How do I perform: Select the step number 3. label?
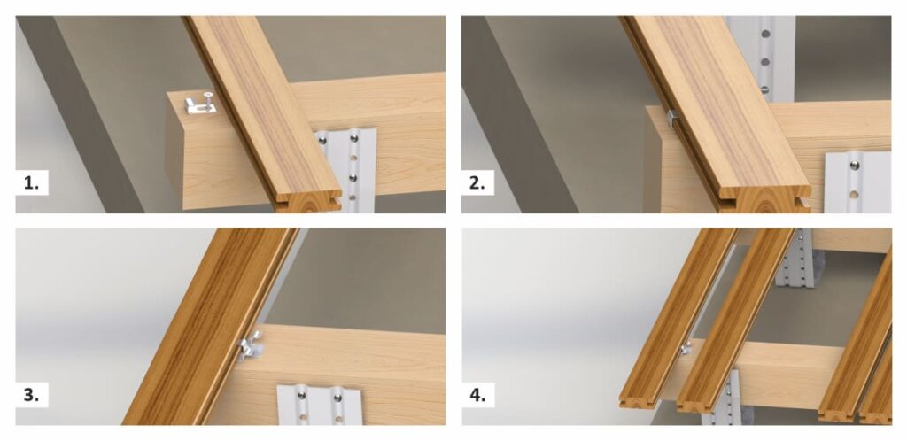31,395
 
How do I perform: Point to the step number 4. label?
477,395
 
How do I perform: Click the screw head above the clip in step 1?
206,94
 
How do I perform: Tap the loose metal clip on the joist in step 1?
199,105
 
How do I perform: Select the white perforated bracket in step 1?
345,170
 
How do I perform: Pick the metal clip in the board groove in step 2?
671,119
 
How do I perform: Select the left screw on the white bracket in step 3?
301,396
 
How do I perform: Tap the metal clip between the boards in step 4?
686,348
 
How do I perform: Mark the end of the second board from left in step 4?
699,405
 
